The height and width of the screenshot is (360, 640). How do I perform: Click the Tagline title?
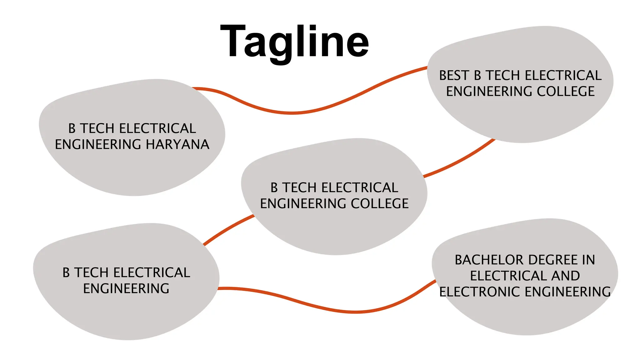[x=295, y=42]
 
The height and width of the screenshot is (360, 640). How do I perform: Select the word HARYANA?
[x=177, y=144]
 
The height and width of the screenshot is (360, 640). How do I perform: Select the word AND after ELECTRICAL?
[x=565, y=276]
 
